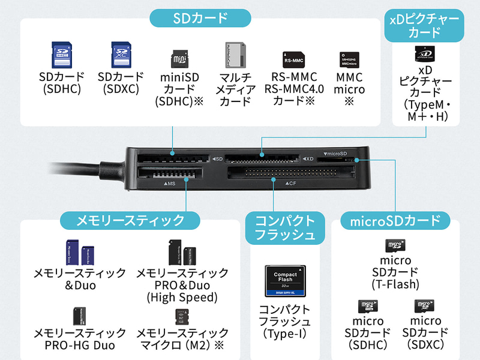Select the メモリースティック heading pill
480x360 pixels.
pos(130,220)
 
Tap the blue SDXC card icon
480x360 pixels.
pos(121,55)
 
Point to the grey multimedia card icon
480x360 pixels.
pos(235,55)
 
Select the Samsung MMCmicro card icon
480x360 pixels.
pos(349,59)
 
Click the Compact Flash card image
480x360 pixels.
pos(285,281)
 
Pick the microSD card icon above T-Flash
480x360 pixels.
pos(395,245)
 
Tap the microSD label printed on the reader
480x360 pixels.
pos(335,154)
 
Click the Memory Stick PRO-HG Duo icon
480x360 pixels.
pos(79,316)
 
